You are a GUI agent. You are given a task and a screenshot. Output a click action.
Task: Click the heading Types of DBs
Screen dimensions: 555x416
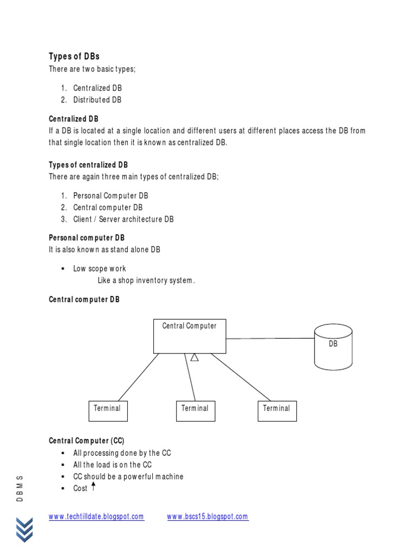tap(74, 56)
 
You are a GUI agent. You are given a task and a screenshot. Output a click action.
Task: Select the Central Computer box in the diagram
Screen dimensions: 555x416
tap(189, 336)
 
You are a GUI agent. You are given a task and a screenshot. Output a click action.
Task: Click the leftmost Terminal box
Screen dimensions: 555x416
tap(108, 411)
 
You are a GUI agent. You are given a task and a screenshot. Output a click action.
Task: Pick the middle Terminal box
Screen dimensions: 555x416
tap(196, 411)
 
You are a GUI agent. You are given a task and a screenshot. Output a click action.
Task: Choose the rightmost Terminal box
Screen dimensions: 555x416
tap(277, 411)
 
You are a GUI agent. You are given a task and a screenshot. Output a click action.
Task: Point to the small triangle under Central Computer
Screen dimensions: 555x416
tap(194, 357)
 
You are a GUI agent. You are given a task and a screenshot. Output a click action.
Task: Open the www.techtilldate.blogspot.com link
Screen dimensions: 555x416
tap(96, 517)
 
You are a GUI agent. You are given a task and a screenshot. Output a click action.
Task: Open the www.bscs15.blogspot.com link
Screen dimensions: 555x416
tap(207, 517)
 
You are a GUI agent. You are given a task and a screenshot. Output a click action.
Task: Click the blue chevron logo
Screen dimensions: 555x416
tap(24, 529)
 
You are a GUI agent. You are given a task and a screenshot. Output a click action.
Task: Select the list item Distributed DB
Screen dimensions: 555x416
tap(97, 100)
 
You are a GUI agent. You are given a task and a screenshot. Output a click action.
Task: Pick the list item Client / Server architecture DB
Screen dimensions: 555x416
tap(123, 219)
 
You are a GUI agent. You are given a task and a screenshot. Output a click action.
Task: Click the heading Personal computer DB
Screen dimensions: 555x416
tap(87, 237)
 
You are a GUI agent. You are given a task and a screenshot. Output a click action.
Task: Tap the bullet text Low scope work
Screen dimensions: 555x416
tap(100, 268)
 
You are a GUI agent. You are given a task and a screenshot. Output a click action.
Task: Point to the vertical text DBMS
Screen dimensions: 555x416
tap(20, 488)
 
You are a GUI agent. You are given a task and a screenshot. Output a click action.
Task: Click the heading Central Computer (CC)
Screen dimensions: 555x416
tap(87, 441)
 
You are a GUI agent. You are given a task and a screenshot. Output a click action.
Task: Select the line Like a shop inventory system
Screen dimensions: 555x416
tap(146, 280)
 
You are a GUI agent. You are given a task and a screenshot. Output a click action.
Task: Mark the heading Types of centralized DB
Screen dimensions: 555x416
tap(88, 165)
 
